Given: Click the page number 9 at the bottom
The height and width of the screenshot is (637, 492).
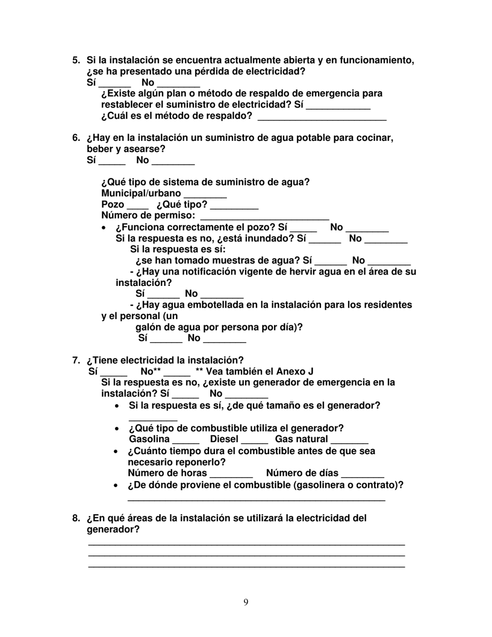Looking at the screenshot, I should [245, 602].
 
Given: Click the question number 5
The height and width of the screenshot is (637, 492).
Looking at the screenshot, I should [76, 61].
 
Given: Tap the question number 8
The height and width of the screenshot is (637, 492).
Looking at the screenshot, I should [76, 518].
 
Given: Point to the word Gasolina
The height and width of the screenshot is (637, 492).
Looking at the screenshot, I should [149, 439].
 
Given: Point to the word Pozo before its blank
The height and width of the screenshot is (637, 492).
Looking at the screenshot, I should [112, 205].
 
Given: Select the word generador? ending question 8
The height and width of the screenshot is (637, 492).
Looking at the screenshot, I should [113, 530].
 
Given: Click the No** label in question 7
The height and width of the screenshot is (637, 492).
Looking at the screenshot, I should [151, 371].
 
